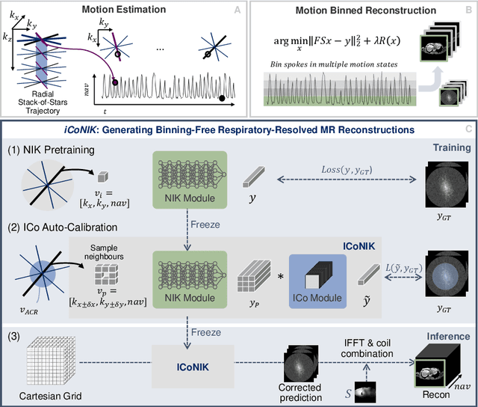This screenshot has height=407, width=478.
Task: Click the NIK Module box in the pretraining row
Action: click(x=185, y=183)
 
